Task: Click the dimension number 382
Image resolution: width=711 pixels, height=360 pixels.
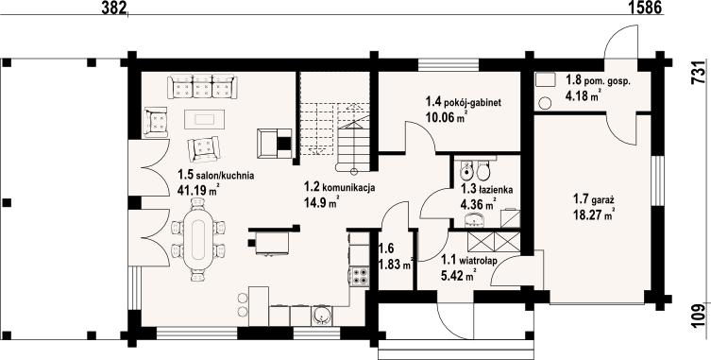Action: [x=114, y=7]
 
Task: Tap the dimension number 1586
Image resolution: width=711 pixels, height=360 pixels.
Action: [x=646, y=7]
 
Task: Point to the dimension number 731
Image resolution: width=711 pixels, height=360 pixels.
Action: [x=700, y=72]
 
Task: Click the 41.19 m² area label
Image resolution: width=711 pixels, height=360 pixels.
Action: [x=195, y=190]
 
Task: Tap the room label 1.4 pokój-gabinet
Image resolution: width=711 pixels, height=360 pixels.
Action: [x=463, y=103]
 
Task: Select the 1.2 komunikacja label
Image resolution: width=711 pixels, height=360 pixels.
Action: [x=339, y=187]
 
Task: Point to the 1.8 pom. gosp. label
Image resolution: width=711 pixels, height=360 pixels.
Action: [x=598, y=80]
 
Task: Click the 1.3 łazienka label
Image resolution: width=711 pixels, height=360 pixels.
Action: [x=486, y=190]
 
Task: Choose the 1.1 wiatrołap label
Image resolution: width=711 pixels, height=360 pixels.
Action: [x=469, y=261]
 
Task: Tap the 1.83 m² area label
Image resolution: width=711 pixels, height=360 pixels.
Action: [x=396, y=265]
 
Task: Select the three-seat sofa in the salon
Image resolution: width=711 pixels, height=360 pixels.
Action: [x=202, y=87]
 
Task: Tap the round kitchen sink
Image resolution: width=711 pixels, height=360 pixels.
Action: [x=321, y=316]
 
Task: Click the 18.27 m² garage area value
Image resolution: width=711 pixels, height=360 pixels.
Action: [x=594, y=214]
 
